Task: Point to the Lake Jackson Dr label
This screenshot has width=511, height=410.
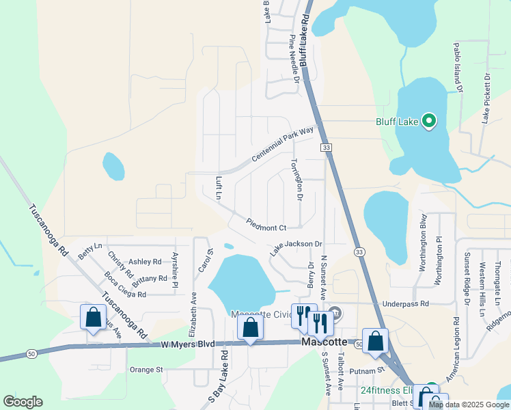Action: coord(295,248)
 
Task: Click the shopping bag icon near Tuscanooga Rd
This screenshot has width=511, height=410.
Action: coord(93,318)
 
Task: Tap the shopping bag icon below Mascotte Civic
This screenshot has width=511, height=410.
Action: coord(251,327)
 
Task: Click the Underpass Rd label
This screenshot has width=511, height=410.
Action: coord(405,303)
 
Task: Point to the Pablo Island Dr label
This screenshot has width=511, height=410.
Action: coord(458,68)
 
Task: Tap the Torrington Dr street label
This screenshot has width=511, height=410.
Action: coord(295,180)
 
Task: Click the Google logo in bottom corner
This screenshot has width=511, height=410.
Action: coord(23,402)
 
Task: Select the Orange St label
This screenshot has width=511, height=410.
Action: coord(146,370)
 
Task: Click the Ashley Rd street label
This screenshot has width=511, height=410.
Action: coord(145,262)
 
